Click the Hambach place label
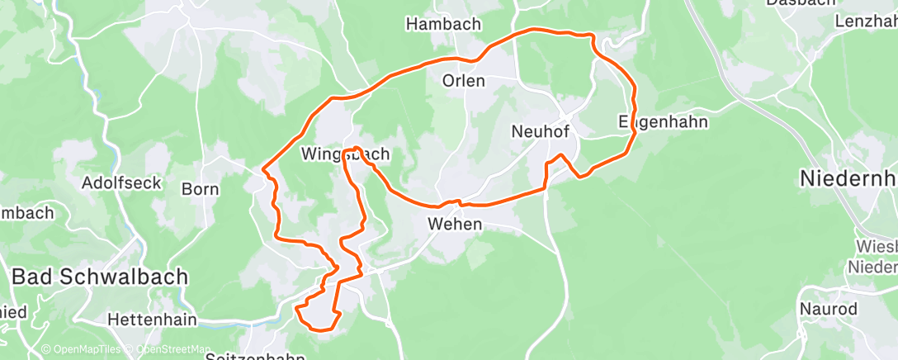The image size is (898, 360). coord(443,25)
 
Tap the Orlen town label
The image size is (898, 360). coord(464,81)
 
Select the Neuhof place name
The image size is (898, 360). coord(541,130)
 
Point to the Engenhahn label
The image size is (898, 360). coord(664,122)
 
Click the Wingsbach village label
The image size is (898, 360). coord(345,154)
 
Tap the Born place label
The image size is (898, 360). coord(200,189)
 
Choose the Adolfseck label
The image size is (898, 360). coord(121,182)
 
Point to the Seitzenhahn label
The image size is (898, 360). coord(254,356)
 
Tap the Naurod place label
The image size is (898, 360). coord(828,309)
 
